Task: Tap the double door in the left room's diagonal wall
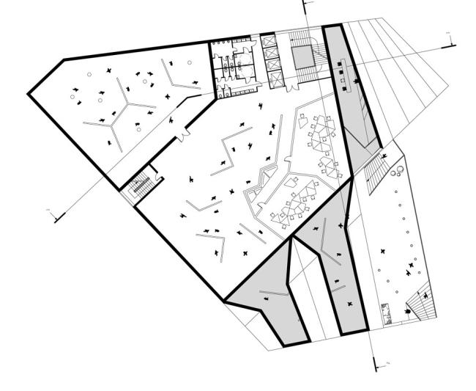pyautogui.click(x=181, y=134)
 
